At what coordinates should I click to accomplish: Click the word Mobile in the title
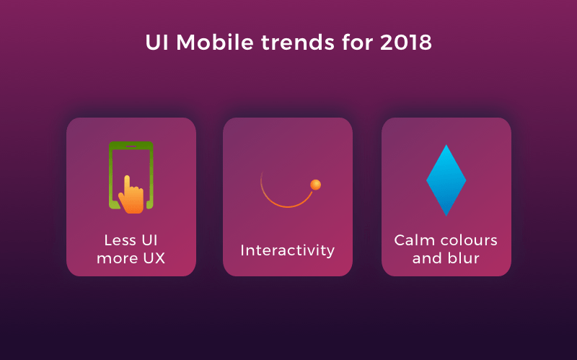pyautogui.click(x=215, y=43)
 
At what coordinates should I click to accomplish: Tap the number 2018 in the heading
pyautogui.click(x=406, y=43)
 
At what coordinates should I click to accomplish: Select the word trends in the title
pyautogui.click(x=298, y=43)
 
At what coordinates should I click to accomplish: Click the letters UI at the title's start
pyautogui.click(x=157, y=43)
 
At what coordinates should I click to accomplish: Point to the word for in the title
pyautogui.click(x=357, y=43)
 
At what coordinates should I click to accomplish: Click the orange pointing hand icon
pyautogui.click(x=131, y=195)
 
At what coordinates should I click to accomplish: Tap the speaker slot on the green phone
pyautogui.click(x=131, y=146)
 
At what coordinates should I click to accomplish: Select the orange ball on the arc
pyautogui.click(x=315, y=185)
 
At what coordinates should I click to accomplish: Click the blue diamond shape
pyautogui.click(x=446, y=180)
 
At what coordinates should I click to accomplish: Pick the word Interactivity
pyautogui.click(x=288, y=250)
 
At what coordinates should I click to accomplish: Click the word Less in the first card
pyautogui.click(x=120, y=240)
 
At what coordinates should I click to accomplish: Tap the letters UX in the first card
pyautogui.click(x=154, y=258)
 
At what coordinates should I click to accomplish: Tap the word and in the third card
pyautogui.click(x=426, y=258)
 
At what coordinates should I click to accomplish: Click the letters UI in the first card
pyautogui.click(x=150, y=240)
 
